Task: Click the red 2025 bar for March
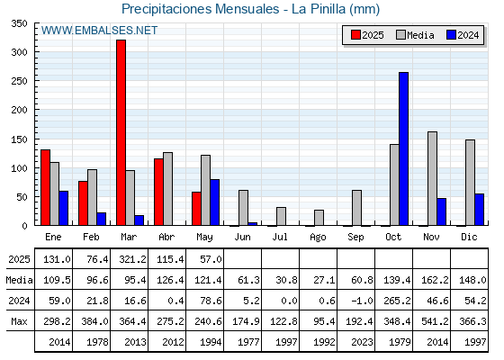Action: [x=121, y=132]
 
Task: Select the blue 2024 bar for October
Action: [x=404, y=148]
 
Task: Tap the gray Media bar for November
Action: [x=432, y=178]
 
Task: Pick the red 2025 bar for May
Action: [x=196, y=208]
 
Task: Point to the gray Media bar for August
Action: [x=319, y=217]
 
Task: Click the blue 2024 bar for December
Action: [x=479, y=209]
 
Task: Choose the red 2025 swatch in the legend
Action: [x=355, y=35]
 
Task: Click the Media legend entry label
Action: [x=420, y=35]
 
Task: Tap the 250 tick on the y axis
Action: [x=19, y=81]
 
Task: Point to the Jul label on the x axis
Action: [x=280, y=237]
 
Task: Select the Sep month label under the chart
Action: [x=355, y=238]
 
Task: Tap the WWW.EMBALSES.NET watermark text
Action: [x=99, y=31]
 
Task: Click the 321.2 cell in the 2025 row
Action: [x=132, y=259]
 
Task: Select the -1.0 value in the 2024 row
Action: [x=362, y=301]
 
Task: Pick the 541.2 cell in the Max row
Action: [x=435, y=321]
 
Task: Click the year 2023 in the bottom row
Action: [x=362, y=342]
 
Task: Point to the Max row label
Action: [x=19, y=321]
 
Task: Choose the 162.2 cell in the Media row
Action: [x=435, y=280]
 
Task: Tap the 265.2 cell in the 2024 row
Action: [x=397, y=301]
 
